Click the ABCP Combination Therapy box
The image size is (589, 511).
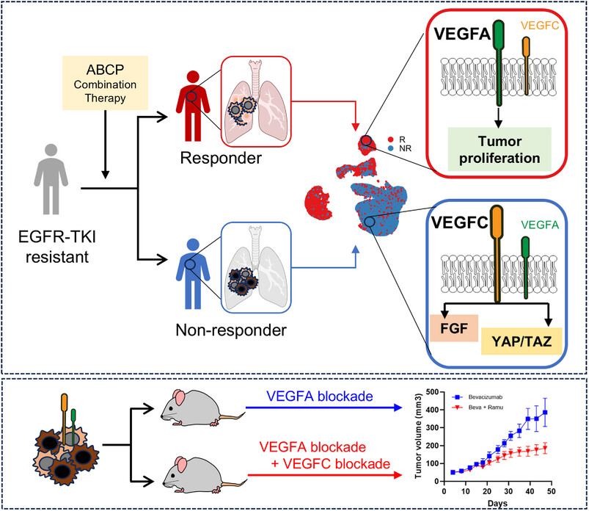coord(105,82)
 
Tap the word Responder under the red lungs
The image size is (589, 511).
coord(211,157)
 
